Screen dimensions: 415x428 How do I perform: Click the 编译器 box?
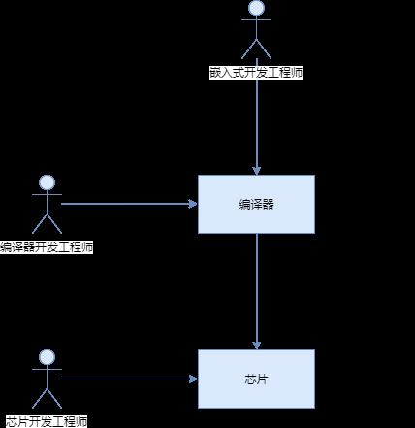(256, 204)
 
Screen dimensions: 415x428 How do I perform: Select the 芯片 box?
(256, 379)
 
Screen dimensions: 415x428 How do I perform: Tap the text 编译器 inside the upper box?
(256, 205)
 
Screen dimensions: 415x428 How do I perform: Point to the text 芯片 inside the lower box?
(256, 379)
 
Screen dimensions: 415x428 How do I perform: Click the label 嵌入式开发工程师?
(256, 73)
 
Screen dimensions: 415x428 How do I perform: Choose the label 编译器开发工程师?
(47, 247)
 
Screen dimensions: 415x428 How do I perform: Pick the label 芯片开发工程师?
(47, 422)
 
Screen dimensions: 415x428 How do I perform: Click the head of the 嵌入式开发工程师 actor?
(256, 8)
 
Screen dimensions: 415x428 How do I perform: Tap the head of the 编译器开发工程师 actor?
(47, 182)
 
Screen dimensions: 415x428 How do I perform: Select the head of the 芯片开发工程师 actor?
(47, 357)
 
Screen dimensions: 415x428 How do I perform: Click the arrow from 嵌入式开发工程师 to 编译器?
(257, 127)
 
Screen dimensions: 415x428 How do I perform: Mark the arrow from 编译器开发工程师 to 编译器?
(129, 204)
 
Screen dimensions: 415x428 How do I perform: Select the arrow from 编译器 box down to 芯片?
(257, 291)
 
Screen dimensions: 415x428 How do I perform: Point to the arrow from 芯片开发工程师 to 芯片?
(129, 379)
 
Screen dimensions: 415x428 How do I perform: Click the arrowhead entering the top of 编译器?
(257, 171)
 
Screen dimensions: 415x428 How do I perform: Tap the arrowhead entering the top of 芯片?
(257, 346)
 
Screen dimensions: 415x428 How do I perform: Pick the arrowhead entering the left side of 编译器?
(193, 204)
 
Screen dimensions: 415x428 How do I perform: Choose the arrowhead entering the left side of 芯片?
(193, 379)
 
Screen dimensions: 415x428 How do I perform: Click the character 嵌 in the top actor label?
(215, 73)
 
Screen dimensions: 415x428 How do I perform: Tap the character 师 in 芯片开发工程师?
(81, 422)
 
